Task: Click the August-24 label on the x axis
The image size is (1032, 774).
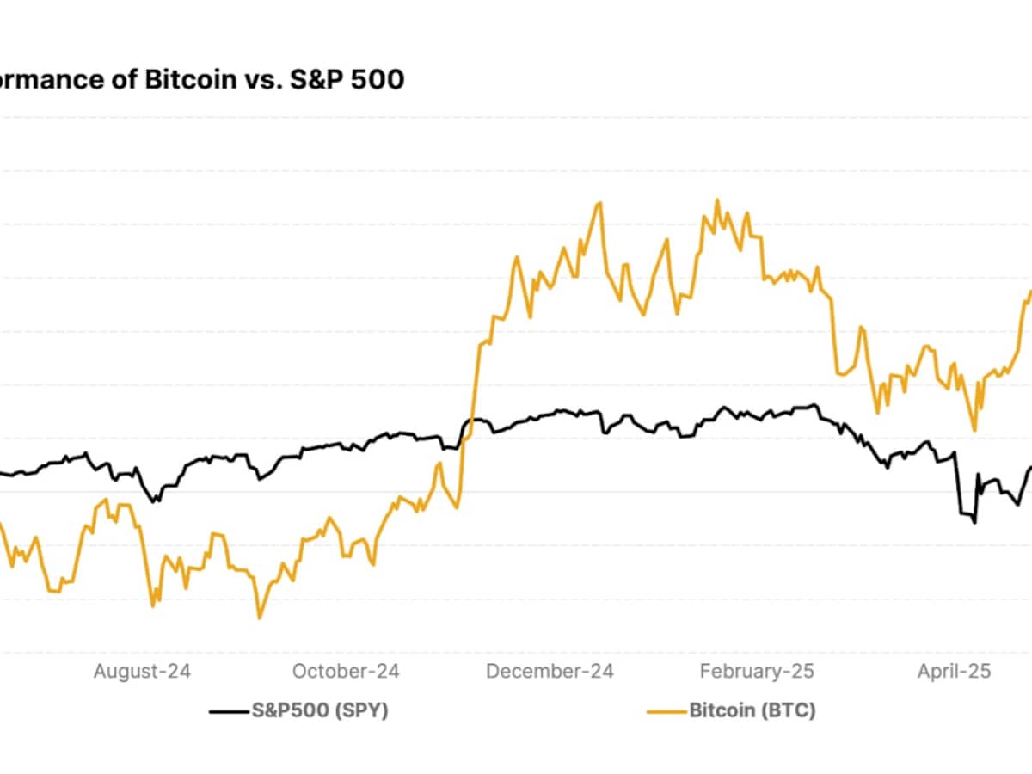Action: point(142,671)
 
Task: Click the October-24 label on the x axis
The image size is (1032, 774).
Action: point(346,671)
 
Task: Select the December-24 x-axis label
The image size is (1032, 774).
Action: point(550,671)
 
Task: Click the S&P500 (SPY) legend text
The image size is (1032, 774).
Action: point(319,710)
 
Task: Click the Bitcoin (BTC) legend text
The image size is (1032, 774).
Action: point(752,710)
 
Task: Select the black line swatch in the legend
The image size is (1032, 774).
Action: point(229,711)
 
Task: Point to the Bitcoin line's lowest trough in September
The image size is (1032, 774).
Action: point(259,617)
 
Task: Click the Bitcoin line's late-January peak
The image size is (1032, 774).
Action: point(717,200)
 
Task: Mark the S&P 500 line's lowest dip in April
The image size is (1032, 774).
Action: point(974,522)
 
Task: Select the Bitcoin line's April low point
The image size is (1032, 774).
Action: point(974,430)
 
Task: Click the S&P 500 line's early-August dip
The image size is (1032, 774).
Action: point(155,501)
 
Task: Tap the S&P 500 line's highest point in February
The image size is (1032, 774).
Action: point(812,405)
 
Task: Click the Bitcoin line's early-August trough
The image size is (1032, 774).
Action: point(153,605)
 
